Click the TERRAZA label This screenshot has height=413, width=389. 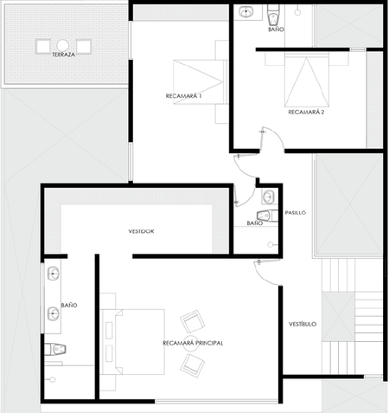pos(63,55)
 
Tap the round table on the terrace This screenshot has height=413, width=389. pos(62,45)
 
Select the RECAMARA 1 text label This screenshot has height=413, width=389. pos(183,96)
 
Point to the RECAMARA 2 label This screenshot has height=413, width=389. pos(306,112)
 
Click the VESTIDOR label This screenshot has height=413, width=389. pos(141,231)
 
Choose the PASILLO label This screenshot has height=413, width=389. pos(296,213)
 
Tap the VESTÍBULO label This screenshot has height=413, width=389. pos(303,324)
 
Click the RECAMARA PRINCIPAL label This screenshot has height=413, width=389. pos(193,343)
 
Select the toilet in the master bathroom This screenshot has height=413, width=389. pos(55,350)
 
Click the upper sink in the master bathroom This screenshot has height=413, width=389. pos(54,273)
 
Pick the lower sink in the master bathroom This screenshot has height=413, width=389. pos(54,313)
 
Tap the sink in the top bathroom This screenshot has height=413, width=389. pos(246,11)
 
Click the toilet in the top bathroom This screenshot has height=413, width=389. pos(273,15)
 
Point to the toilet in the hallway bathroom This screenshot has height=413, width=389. pos(267,216)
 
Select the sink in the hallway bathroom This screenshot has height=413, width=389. pos(269,197)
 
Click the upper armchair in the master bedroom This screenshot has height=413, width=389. pos(193,322)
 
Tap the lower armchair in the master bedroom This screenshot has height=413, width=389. pos(193,366)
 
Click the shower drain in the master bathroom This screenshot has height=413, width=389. pos(52,379)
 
